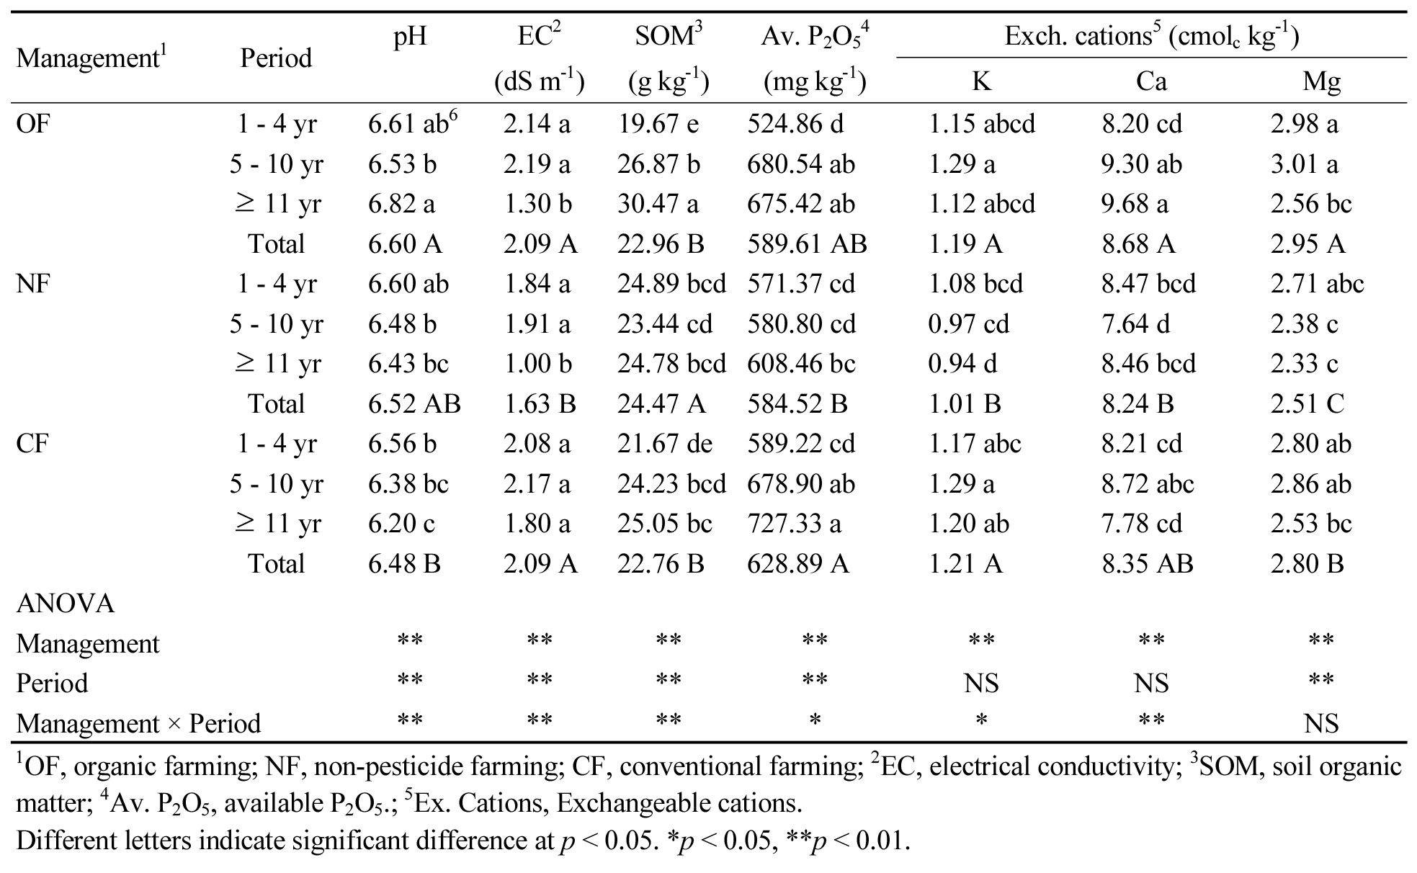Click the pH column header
pos(410,37)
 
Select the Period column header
pos(276,58)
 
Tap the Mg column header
pos(1321,81)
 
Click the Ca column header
pos(1150,81)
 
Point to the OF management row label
pos(33,124)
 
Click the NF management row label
pos(33,284)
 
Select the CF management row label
pos(32,444)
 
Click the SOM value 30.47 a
pos(657,204)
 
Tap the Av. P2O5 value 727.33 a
pos(794,524)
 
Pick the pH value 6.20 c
pos(401,524)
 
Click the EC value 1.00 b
pos(537,364)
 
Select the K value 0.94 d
pos(962,364)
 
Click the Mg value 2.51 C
pos(1307,404)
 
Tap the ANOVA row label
pos(65,604)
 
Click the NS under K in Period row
pos(981,683)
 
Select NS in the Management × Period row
pos(1321,723)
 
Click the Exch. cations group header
pos(1151,37)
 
